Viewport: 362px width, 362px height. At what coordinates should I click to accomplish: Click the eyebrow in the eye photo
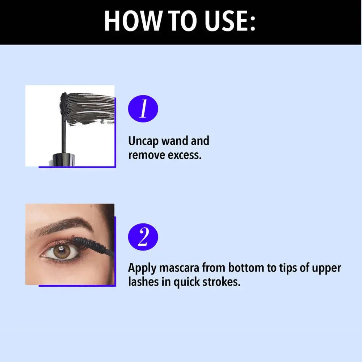65,225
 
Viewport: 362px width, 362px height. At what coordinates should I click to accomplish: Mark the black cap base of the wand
64,159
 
